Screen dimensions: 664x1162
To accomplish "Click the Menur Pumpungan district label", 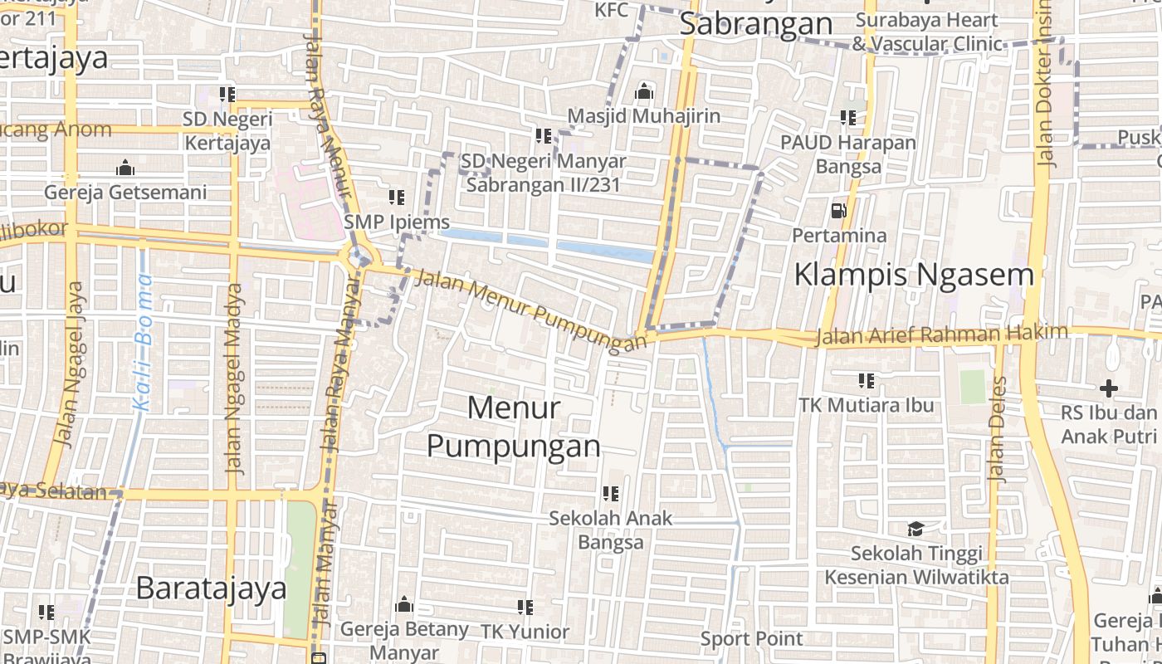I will [514, 427].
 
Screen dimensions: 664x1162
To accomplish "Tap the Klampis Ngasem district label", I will [914, 274].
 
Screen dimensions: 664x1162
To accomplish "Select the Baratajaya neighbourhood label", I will [211, 588].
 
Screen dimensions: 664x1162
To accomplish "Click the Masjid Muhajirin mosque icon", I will [644, 92].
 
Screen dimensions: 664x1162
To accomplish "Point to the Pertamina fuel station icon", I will [838, 211].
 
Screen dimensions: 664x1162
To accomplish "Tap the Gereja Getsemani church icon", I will [125, 168].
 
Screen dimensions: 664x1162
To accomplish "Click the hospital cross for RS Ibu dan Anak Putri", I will [1109, 388].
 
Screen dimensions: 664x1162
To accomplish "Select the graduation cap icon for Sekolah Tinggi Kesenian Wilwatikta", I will [915, 529].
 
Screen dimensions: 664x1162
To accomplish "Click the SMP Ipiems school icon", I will [397, 198].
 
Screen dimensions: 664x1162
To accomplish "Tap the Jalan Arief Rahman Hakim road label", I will [941, 334].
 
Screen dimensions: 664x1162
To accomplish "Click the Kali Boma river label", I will [144, 342].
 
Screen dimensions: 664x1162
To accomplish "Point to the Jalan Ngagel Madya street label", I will [236, 378].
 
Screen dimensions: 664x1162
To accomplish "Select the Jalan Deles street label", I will [997, 429].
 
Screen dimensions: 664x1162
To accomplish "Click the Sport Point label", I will [752, 639].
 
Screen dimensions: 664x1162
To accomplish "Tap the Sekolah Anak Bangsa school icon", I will [611, 494].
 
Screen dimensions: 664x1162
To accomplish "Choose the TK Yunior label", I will [525, 632].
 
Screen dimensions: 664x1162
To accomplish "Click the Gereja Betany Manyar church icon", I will [404, 604].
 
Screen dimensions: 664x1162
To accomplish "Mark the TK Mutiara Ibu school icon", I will [867, 381].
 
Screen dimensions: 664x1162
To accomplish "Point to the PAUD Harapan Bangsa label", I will [848, 154].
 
